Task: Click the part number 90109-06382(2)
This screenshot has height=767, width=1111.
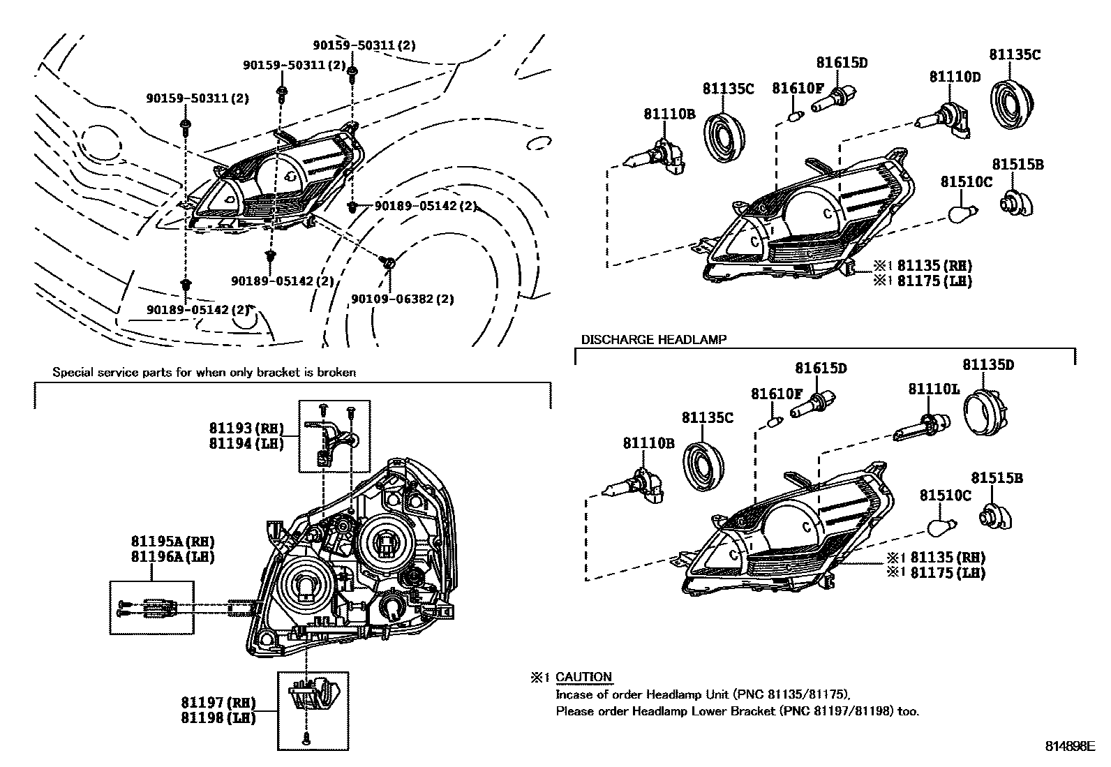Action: click(403, 299)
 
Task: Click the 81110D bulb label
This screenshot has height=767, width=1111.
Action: click(954, 77)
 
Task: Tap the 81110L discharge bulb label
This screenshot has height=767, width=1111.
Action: click(934, 389)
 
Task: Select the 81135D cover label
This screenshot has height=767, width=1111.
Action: click(988, 364)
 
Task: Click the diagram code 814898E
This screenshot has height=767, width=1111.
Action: click(1070, 745)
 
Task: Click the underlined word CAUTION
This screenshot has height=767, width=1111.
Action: click(583, 677)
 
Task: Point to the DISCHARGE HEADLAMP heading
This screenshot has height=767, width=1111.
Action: click(653, 339)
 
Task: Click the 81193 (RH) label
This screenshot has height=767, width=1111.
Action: click(246, 428)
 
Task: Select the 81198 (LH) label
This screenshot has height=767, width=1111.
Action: click(218, 717)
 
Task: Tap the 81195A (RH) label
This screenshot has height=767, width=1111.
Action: click(172, 541)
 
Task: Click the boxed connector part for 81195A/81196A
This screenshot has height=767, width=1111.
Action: click(151, 608)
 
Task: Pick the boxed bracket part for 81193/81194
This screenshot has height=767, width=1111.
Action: click(334, 436)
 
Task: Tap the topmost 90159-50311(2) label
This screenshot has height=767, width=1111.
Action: click(364, 45)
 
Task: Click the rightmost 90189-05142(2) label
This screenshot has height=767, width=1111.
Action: click(426, 206)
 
